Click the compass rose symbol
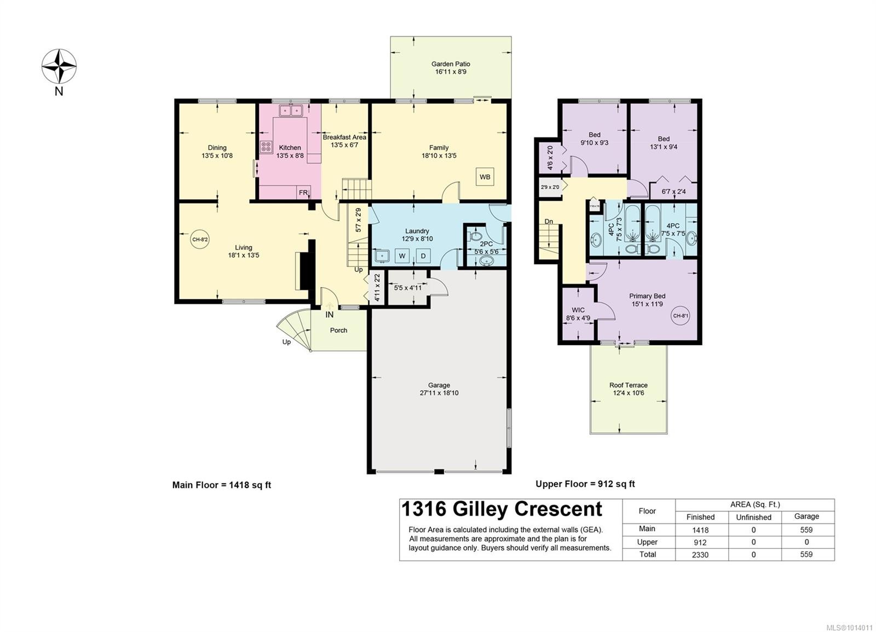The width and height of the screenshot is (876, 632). (x=59, y=66)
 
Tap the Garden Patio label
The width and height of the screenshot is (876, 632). (x=451, y=64)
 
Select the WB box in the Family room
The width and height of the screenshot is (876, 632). (x=485, y=177)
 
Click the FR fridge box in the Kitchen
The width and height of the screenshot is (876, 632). (x=303, y=192)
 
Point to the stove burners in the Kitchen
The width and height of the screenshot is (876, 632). (x=266, y=147)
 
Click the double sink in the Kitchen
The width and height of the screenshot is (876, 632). (x=291, y=111)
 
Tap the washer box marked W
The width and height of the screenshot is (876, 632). (x=402, y=256)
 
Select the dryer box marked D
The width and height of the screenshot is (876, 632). (x=423, y=256)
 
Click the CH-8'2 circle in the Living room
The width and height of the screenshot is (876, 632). (x=200, y=239)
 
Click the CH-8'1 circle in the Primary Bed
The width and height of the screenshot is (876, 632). (x=681, y=316)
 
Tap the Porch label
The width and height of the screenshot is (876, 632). (x=338, y=330)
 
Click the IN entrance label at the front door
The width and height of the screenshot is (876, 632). (x=330, y=315)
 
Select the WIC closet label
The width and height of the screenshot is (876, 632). (x=578, y=310)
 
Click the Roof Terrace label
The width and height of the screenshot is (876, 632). (x=628, y=385)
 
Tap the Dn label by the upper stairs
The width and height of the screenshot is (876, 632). (x=549, y=222)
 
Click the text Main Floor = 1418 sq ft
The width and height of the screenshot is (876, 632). (x=222, y=485)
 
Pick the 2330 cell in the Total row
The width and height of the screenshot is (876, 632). (x=700, y=555)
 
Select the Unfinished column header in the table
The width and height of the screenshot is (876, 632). (x=753, y=517)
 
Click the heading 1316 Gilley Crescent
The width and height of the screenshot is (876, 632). (x=502, y=509)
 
